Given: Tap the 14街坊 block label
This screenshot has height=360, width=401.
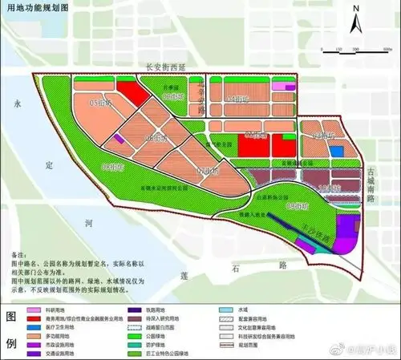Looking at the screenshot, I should click(x=237, y=98).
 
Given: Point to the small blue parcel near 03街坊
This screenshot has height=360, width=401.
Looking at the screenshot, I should click(x=338, y=151).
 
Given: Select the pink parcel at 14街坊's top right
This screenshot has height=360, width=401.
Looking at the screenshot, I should click(x=282, y=86).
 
